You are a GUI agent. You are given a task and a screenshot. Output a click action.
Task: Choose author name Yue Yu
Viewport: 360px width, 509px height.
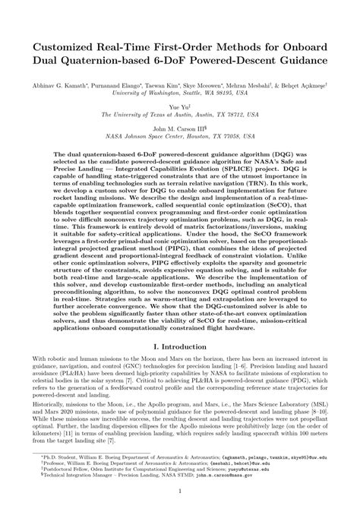tap(179, 109)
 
